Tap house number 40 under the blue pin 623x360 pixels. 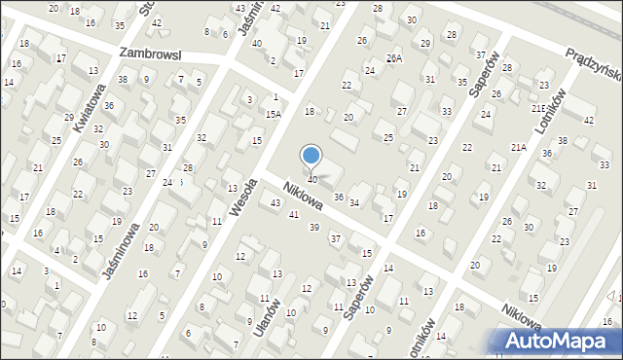pyautogui.click(x=311, y=179)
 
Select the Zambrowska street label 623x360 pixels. pyautogui.click(x=152, y=54)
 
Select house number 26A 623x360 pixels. pyautogui.click(x=393, y=58)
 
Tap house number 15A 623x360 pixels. pyautogui.click(x=274, y=114)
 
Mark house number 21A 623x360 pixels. pyautogui.click(x=518, y=147)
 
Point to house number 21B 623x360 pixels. pyautogui.click(x=538, y=108)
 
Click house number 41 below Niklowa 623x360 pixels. pyautogui.click(x=294, y=214)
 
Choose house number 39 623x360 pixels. pyautogui.click(x=313, y=227)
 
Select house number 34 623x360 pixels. pyautogui.click(x=355, y=203)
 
